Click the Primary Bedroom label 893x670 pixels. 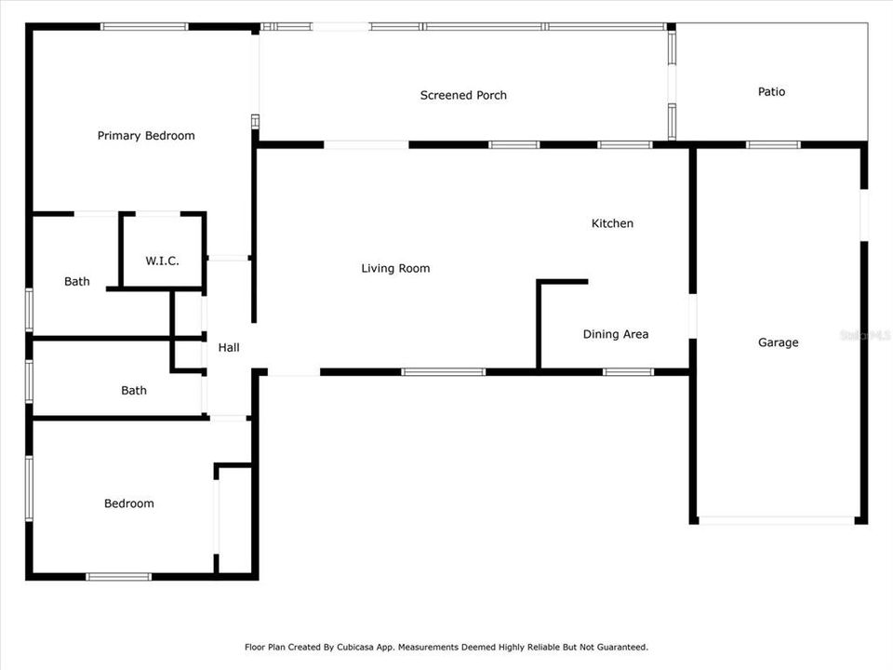coord(146,136)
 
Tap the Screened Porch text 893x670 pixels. coord(463,95)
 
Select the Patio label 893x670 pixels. coord(771,91)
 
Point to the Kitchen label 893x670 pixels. coord(612,223)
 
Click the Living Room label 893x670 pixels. coord(395,268)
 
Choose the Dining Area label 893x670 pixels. coord(615,334)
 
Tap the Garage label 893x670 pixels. coord(778,342)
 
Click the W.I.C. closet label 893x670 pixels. coord(162,261)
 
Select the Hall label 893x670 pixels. coord(228,347)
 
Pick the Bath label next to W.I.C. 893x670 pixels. coord(77,281)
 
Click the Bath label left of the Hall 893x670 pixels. coord(134,391)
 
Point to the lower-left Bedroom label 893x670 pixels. coord(128,503)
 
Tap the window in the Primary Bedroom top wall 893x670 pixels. coord(144,27)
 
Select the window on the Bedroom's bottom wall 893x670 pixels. coord(118,577)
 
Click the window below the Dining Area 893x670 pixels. coord(628,372)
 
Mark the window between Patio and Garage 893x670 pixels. coord(773,145)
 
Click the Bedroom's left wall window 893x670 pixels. coord(30,487)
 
